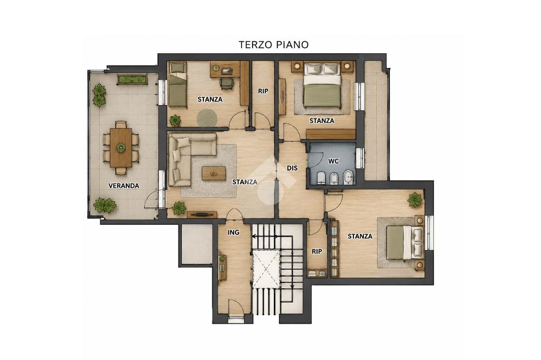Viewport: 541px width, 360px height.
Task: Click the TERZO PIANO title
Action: click(x=274, y=44)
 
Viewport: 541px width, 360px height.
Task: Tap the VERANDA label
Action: click(x=124, y=185)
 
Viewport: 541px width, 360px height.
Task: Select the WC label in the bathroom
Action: click(x=333, y=161)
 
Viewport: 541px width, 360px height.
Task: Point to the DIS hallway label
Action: click(x=292, y=168)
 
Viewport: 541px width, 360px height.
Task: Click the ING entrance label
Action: click(x=234, y=232)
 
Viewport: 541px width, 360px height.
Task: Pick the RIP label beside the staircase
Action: click(x=317, y=251)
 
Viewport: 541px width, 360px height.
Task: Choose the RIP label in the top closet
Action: click(x=263, y=91)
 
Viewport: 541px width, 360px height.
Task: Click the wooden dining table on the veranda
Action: click(x=121, y=147)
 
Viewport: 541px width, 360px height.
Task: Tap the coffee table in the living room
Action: click(x=214, y=173)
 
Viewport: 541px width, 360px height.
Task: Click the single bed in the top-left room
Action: click(x=178, y=85)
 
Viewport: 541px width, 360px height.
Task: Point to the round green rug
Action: click(x=207, y=118)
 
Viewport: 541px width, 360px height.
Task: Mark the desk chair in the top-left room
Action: click(x=226, y=83)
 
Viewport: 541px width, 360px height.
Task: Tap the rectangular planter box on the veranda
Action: click(x=133, y=79)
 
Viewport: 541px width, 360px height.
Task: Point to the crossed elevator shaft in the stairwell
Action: click(x=266, y=269)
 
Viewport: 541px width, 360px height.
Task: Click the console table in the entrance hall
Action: click(x=222, y=268)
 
